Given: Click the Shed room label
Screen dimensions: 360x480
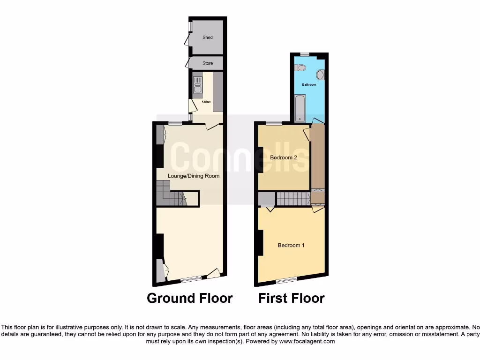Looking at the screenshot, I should (x=207, y=37).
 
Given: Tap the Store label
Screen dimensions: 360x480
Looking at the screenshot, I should (x=207, y=63).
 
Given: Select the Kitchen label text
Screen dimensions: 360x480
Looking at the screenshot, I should (x=206, y=102).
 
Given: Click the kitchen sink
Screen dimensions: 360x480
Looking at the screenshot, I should (x=197, y=87).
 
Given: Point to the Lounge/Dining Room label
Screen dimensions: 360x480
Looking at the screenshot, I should (x=194, y=176).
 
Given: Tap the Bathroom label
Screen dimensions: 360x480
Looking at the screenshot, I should (x=309, y=85).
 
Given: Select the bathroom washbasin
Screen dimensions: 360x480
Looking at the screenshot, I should (x=320, y=75).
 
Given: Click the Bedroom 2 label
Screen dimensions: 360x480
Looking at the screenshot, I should (x=284, y=158).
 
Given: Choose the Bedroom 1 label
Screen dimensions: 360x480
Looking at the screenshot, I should (x=291, y=245).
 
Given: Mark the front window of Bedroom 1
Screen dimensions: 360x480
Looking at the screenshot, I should (x=286, y=280).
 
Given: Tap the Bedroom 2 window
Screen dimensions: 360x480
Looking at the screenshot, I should (x=274, y=123).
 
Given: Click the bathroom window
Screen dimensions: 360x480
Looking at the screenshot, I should (x=305, y=54).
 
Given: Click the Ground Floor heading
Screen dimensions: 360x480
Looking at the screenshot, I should (x=189, y=298).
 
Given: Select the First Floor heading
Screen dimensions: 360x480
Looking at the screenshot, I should (x=291, y=298).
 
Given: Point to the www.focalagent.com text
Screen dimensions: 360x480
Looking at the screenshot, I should (x=307, y=341).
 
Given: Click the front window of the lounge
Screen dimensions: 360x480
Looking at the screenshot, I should (x=191, y=279).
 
